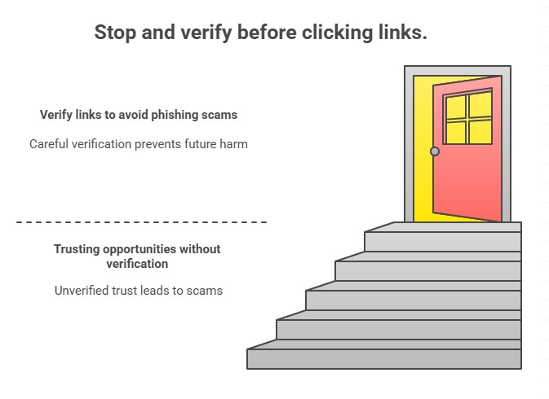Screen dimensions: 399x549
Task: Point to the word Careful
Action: point(51,144)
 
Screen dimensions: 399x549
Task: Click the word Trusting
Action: point(80,248)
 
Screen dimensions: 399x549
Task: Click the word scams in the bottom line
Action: point(205,290)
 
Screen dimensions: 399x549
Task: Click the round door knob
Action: point(435,151)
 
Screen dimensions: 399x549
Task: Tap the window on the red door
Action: point(468,118)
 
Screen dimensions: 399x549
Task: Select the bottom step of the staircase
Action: point(383,358)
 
